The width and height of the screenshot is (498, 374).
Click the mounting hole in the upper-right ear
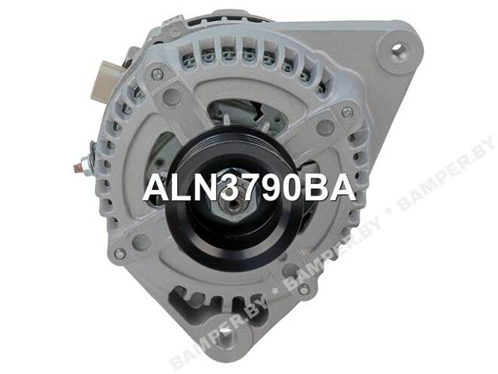398,49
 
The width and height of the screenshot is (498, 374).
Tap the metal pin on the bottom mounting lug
227,339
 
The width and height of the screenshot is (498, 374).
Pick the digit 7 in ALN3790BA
253,189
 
